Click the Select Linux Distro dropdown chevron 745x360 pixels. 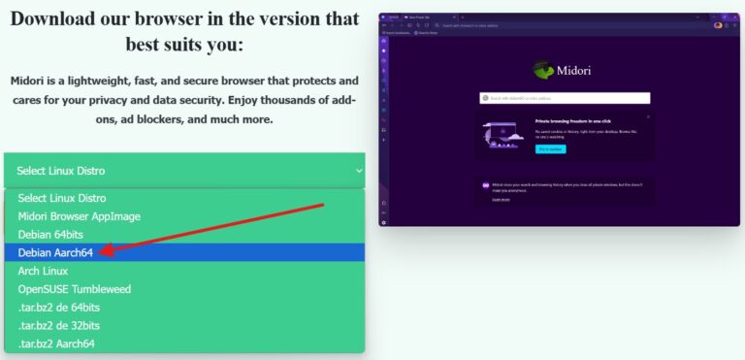coord(359,171)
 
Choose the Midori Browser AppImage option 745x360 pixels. coord(80,215)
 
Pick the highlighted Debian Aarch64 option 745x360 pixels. coord(55,252)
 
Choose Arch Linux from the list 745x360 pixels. coord(43,271)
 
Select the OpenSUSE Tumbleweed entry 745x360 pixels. coord(74,289)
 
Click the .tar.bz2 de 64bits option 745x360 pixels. coord(58,308)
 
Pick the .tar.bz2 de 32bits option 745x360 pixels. coord(58,326)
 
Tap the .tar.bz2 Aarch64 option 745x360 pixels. coord(56,344)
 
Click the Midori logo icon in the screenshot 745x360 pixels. coord(542,70)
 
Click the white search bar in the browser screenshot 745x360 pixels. coord(565,98)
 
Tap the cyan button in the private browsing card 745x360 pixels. coord(549,148)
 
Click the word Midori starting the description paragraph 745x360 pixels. coord(30,81)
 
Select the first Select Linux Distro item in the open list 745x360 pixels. coord(62,198)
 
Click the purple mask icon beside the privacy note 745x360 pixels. coord(486,185)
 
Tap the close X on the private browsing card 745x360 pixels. coord(648,115)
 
